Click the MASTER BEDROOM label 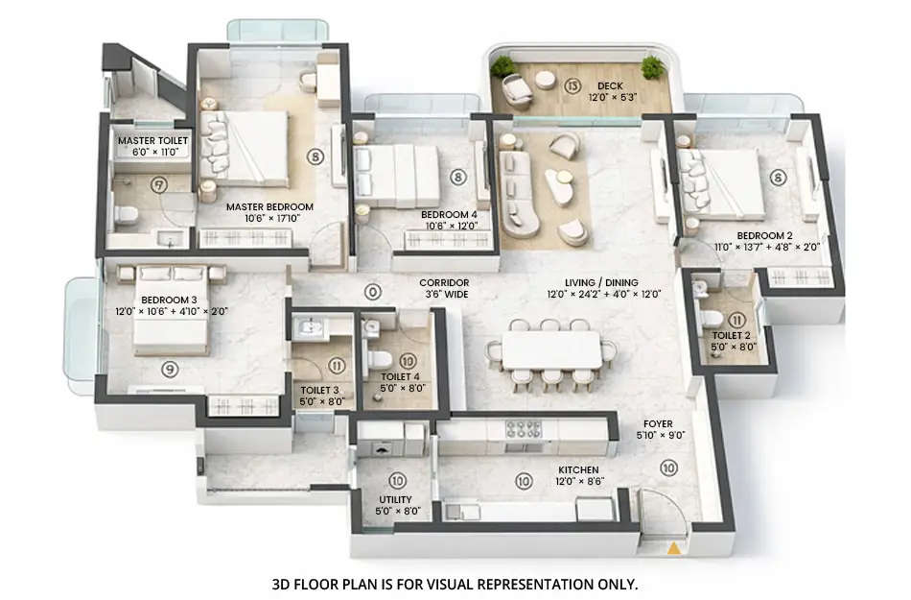(269, 206)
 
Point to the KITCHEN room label (579, 470)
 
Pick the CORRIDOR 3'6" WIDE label (443, 288)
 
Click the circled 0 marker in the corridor (373, 291)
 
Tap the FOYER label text (659, 423)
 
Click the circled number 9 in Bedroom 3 (169, 367)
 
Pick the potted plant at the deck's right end (653, 67)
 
